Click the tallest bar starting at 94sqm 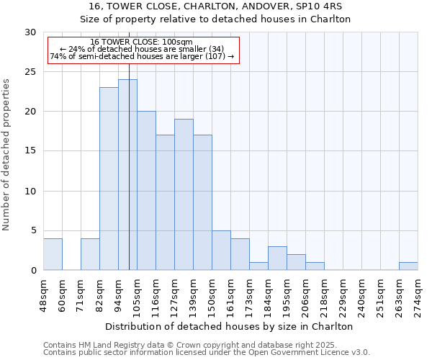(127, 175)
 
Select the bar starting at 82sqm (109, 179)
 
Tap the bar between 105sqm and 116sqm (146, 191)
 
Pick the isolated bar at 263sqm (408, 266)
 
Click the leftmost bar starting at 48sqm (53, 254)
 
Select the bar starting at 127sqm (184, 194)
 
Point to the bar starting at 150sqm (221, 251)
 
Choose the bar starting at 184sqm (277, 258)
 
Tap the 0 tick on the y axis (34, 270)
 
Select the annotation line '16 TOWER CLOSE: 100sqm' (142, 42)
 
